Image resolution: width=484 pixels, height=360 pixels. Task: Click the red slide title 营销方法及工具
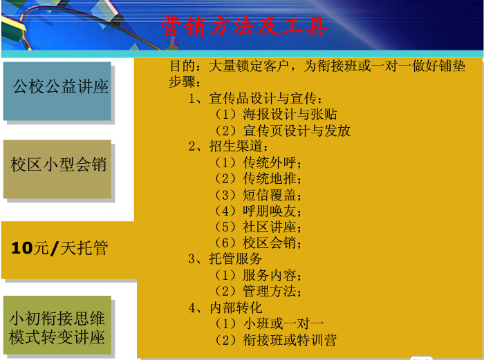tap(244, 26)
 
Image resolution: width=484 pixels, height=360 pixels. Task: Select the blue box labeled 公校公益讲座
tap(57, 91)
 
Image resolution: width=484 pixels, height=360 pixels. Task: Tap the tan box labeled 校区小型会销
tap(57, 169)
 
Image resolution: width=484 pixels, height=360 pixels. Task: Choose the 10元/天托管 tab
tap(68, 250)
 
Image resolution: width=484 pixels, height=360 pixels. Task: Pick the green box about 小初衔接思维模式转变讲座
tap(57, 325)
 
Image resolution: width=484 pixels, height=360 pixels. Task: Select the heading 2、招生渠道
tap(228, 146)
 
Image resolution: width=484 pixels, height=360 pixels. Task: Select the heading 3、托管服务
tap(225, 258)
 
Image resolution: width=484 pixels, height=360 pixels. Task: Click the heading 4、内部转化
tap(225, 307)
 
